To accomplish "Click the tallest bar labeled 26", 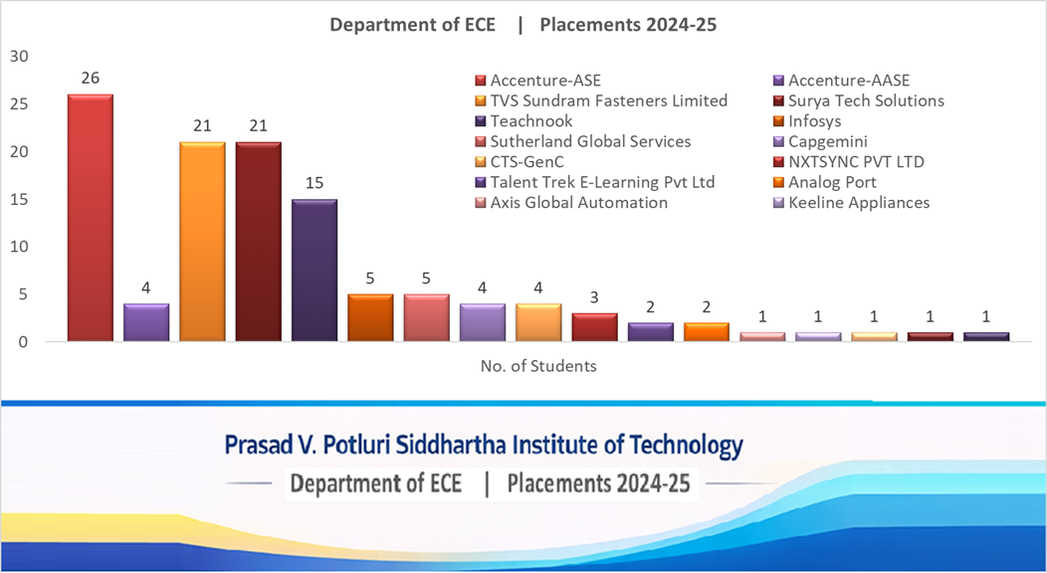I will click(90, 218).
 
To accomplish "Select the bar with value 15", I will click(314, 270).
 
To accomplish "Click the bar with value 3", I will click(594, 327).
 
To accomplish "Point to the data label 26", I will click(90, 78).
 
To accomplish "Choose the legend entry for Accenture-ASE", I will click(545, 81).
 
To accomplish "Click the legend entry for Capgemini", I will click(827, 141).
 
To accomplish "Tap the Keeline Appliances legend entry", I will click(858, 203).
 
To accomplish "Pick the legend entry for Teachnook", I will click(530, 121).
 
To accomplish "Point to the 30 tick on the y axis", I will click(19, 56).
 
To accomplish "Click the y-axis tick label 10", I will click(19, 247).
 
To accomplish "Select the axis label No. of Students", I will click(538, 366).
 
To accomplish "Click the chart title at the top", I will click(523, 25).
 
